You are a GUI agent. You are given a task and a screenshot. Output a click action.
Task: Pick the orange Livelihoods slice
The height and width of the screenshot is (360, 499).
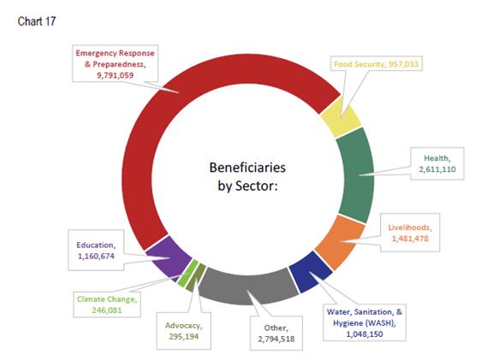pyautogui.click(x=340, y=242)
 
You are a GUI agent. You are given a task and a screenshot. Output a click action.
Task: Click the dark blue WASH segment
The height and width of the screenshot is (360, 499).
pyautogui.click(x=311, y=271)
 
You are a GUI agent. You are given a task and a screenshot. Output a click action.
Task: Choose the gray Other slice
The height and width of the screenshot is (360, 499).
pyautogui.click(x=248, y=286)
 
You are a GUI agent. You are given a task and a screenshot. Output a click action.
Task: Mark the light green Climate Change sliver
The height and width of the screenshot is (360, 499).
pyautogui.click(x=187, y=274)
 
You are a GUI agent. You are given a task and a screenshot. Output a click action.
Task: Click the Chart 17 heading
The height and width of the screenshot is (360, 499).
pyautogui.click(x=37, y=21)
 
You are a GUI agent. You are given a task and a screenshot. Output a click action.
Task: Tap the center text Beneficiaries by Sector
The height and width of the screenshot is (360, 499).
pyautogui.click(x=247, y=176)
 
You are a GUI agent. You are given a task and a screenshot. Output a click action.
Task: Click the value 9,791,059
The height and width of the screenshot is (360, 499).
pyautogui.click(x=116, y=75)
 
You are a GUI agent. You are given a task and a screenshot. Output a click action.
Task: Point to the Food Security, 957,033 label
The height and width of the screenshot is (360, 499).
pyautogui.click(x=376, y=64)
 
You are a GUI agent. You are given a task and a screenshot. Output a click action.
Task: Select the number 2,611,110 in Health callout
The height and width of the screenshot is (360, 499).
pyautogui.click(x=437, y=169)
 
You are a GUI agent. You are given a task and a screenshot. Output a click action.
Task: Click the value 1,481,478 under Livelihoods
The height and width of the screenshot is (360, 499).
pyautogui.click(x=410, y=239)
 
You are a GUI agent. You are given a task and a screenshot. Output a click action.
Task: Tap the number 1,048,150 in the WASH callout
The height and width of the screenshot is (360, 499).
pyautogui.click(x=365, y=334)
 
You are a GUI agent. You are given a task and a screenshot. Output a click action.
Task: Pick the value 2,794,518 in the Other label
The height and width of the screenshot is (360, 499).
pyautogui.click(x=276, y=339)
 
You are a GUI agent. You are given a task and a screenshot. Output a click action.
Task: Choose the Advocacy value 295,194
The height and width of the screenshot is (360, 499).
pyautogui.click(x=184, y=337)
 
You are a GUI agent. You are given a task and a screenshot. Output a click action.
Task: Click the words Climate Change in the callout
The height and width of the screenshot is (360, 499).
pyautogui.click(x=106, y=299)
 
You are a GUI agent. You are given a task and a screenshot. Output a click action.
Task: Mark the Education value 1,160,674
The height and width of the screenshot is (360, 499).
pyautogui.click(x=96, y=257)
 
